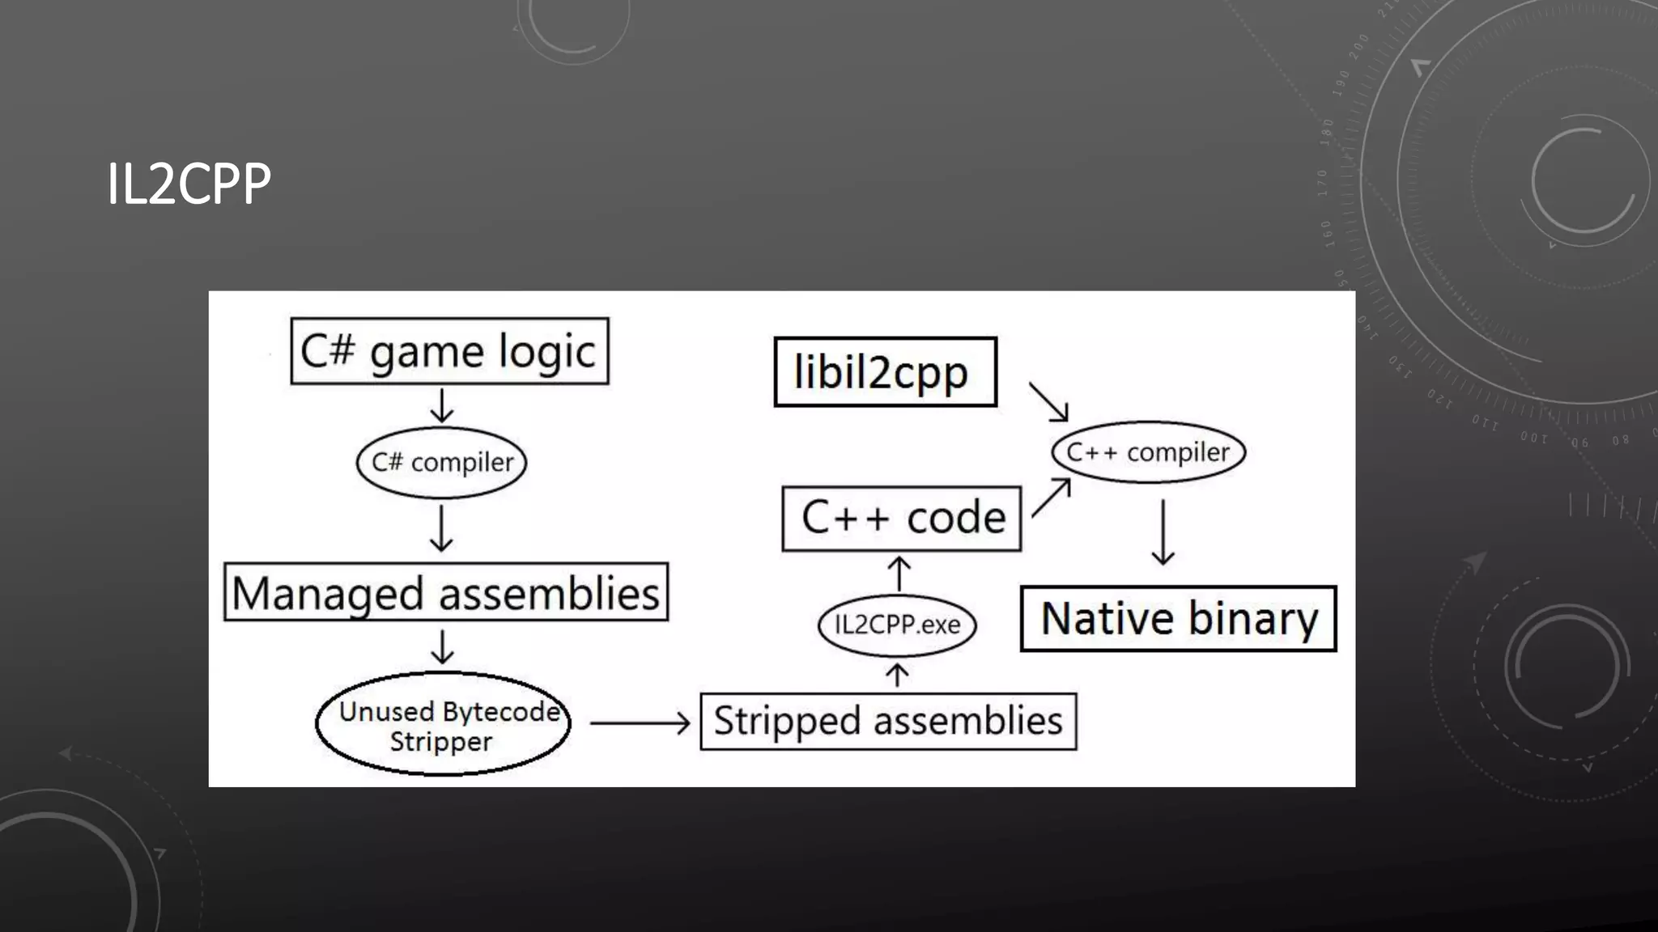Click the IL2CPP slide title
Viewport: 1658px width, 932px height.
[x=189, y=184]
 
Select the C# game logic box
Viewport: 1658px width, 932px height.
[x=449, y=351]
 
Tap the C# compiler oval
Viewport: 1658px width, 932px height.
[x=441, y=462]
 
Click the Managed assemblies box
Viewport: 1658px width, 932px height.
[x=446, y=592]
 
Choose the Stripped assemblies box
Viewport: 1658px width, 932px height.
[x=888, y=721]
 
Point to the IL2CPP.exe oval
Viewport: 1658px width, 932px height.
[x=897, y=625]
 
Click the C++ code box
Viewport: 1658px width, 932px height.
[x=902, y=519]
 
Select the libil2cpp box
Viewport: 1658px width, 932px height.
[x=885, y=372]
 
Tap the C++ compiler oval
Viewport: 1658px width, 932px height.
[x=1148, y=452]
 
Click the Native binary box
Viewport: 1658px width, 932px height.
[x=1178, y=619]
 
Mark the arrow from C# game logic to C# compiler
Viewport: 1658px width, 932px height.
[x=442, y=405]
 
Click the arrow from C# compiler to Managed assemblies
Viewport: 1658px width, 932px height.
[x=441, y=528]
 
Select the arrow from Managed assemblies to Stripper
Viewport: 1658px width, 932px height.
[x=442, y=646]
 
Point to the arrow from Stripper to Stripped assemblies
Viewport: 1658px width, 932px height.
[x=640, y=722]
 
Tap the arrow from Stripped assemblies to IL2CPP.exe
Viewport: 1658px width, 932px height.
[x=897, y=675]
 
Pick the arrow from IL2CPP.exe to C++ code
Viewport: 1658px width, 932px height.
[x=899, y=573]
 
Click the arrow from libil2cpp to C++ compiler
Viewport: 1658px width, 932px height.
[x=1048, y=401]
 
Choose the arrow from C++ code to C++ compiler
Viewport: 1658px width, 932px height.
[x=1052, y=497]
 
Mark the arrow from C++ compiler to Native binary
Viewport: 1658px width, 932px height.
[x=1163, y=532]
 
